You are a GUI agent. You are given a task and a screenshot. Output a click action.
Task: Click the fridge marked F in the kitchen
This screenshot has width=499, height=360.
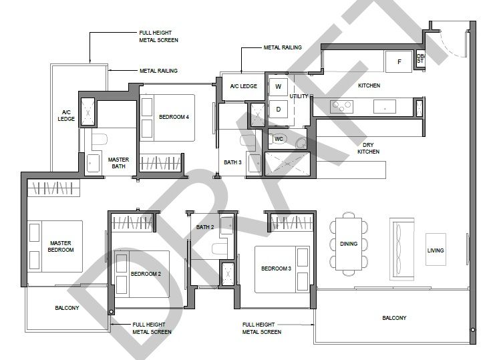click(x=399, y=61)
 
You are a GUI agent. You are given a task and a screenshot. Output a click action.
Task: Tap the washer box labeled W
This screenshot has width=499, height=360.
click(x=279, y=86)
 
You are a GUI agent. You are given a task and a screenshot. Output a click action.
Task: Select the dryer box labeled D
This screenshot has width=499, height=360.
click(x=279, y=109)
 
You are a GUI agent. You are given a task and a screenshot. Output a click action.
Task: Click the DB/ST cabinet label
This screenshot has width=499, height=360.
click(x=420, y=59)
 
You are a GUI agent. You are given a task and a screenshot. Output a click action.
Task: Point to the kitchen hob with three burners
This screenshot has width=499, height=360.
click(x=341, y=106)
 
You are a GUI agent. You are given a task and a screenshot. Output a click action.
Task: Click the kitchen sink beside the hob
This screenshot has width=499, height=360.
click(x=385, y=106)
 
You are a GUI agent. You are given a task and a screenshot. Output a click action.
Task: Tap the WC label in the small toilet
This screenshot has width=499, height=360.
click(x=279, y=139)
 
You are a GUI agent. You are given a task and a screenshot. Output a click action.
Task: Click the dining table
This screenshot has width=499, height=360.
click(x=349, y=244)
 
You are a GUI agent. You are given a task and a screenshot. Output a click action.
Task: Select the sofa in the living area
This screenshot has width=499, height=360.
click(x=402, y=249)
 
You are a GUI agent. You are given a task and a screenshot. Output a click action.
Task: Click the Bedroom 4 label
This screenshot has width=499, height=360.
click(x=174, y=117)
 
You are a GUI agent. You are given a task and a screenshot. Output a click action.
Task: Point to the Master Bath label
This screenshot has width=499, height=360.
click(x=118, y=163)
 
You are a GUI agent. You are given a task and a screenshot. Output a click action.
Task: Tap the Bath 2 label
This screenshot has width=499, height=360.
click(x=205, y=227)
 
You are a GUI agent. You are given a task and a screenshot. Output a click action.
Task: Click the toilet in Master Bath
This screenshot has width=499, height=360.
click(x=100, y=140)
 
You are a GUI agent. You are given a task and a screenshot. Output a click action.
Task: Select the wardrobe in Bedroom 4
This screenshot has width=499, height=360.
click(x=160, y=163)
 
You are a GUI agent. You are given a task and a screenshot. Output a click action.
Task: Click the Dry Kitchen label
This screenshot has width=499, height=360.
click(x=368, y=148)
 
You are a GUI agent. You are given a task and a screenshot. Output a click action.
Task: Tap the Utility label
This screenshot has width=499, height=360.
click(x=299, y=96)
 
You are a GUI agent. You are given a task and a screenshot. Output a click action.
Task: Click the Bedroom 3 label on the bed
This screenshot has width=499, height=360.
click(x=276, y=268)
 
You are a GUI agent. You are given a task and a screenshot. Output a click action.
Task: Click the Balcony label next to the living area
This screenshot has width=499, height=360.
click(x=394, y=318)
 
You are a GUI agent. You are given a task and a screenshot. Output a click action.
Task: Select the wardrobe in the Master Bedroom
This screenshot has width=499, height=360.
click(x=53, y=188)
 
